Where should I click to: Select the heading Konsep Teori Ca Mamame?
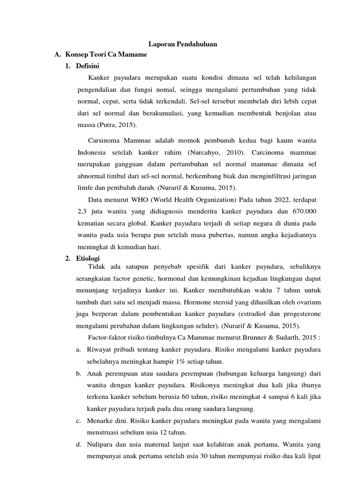tap(106, 55)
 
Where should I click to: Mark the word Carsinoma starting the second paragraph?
tap(103, 140)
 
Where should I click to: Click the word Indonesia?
tap(92, 153)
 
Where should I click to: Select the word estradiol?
tap(253, 314)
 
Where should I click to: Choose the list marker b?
tap(78, 375)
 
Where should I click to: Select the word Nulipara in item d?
tap(100, 444)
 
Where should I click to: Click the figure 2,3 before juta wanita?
tap(82, 211)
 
